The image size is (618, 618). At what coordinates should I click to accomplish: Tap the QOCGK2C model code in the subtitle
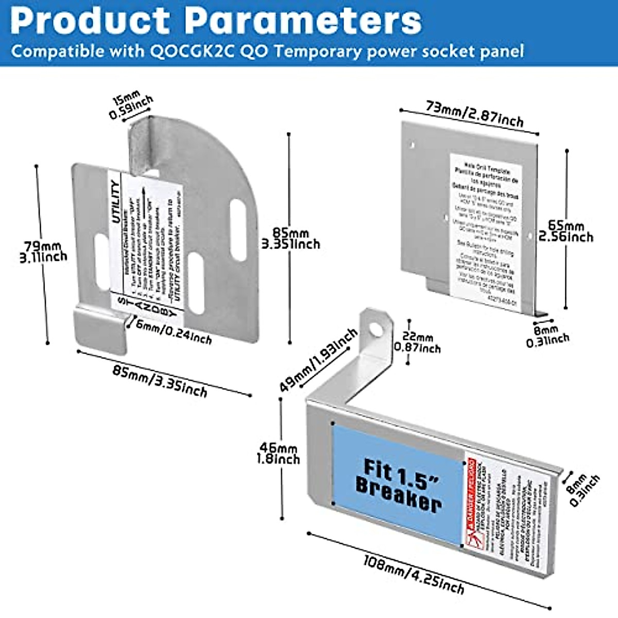click(190, 51)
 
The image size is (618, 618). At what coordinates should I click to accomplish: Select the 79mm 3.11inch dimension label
click(43, 252)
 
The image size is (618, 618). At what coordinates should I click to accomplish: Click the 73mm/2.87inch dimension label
click(474, 114)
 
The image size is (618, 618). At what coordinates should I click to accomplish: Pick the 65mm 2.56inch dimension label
click(565, 231)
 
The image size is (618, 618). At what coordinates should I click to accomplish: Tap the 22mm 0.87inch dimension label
click(418, 343)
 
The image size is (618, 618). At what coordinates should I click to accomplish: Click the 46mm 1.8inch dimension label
click(278, 453)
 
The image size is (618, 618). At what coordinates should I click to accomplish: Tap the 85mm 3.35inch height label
click(290, 239)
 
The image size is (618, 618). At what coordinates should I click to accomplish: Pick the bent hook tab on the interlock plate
click(100, 330)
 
